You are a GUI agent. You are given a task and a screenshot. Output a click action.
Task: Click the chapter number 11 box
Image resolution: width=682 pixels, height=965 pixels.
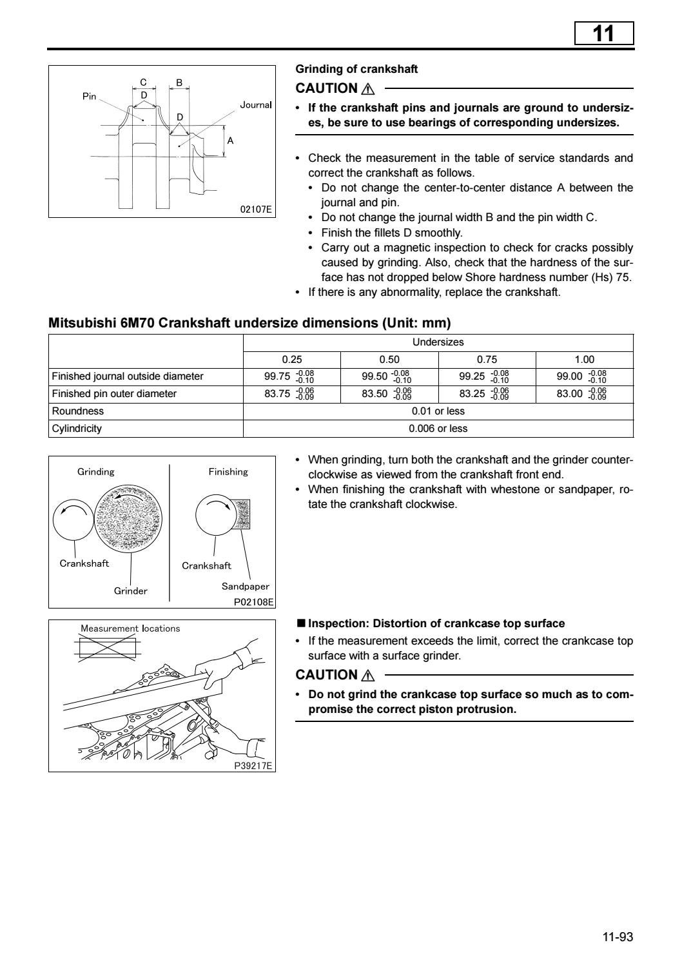603,33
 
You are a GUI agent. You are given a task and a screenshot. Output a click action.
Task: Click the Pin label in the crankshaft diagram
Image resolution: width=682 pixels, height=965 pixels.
89,96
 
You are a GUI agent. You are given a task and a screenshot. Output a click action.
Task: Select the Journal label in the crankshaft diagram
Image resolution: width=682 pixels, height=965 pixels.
255,104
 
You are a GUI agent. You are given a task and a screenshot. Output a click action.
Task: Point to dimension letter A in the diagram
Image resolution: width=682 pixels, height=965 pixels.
230,141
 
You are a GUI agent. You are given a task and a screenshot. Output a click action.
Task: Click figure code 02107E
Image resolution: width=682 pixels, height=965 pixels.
256,210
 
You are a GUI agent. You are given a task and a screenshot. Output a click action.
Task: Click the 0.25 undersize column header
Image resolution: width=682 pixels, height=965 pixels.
291,360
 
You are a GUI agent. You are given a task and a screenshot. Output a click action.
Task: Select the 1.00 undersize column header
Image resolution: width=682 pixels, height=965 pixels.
584,360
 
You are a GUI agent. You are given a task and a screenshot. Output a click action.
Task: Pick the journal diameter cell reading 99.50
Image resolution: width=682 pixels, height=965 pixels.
388,376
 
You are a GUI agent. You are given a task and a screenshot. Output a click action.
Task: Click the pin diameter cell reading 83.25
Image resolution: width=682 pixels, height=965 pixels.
485,394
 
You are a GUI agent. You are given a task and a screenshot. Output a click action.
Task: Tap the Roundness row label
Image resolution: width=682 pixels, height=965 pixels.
77,411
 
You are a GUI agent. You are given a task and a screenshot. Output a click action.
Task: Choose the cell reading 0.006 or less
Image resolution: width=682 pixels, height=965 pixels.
438,429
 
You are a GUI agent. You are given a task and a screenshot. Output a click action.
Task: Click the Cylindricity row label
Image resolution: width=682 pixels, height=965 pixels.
77,429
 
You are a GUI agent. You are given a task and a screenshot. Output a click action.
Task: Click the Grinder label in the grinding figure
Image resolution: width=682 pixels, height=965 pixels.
130,590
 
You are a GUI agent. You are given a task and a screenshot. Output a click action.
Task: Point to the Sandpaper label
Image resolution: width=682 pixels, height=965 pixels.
245,587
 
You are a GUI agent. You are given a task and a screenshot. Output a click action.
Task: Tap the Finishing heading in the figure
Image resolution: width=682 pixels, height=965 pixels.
228,472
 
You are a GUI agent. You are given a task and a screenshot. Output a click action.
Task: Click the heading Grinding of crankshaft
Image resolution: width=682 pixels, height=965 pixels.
356,69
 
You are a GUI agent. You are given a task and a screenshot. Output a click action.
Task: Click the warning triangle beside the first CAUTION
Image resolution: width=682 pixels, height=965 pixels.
368,90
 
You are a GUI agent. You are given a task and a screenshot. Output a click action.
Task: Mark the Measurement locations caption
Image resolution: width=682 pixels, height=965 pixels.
130,629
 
